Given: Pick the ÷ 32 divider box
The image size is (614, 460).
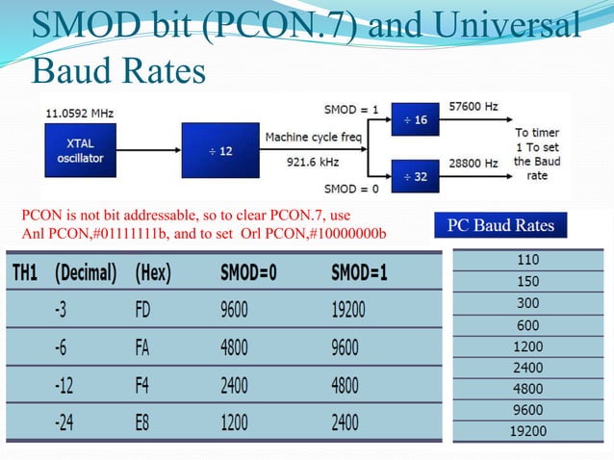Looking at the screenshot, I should pos(417,177).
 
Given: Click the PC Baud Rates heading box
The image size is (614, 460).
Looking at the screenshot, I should pos(500,225).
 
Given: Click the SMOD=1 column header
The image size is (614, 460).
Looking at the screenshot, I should pos(359,273).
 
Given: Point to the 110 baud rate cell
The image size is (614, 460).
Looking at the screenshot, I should pos(528,260).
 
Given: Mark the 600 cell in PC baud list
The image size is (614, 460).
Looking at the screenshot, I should pos(528,325).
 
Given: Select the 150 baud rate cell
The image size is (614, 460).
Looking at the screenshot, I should pos(528,282).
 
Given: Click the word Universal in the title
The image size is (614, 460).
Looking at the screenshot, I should pos(509,26).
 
